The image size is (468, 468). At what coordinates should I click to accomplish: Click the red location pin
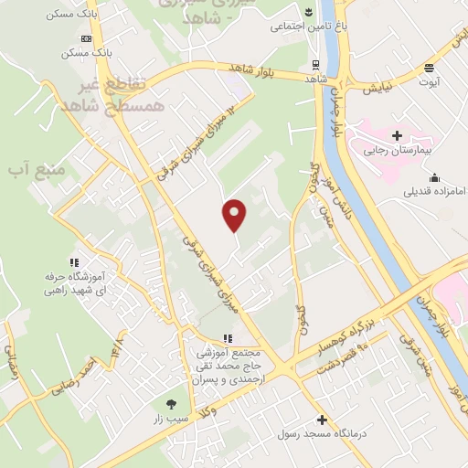(x=235, y=214)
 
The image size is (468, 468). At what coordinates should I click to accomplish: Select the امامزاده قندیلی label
(x=429, y=192)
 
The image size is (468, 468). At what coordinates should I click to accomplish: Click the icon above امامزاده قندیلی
(x=433, y=177)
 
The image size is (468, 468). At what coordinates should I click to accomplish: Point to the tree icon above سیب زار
(x=171, y=403)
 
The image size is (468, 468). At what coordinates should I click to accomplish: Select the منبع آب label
(x=31, y=169)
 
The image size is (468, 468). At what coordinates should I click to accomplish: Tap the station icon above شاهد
(x=315, y=64)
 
